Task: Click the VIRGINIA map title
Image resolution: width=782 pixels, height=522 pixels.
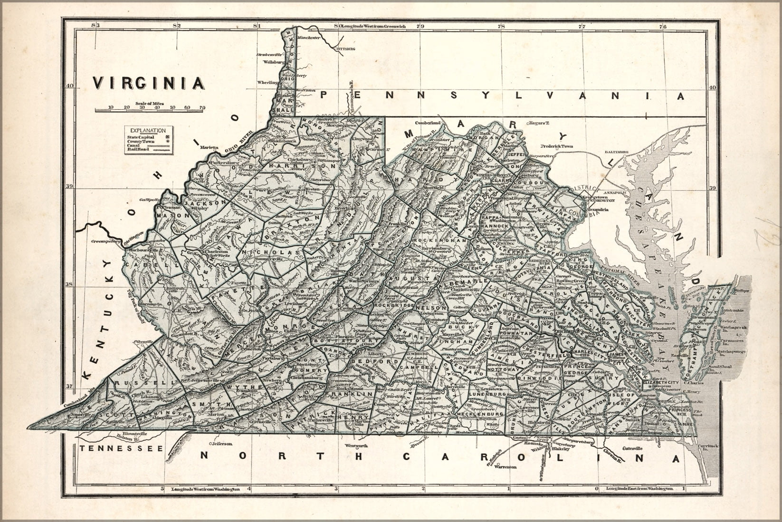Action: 149,83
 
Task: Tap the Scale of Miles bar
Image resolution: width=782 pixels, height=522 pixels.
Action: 150,110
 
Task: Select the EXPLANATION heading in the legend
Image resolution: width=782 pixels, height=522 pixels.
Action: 149,130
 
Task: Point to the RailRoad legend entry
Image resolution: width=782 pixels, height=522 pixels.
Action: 138,149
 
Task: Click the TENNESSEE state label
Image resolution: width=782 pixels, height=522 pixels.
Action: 122,448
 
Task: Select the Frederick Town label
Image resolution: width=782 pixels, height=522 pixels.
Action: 558,146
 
